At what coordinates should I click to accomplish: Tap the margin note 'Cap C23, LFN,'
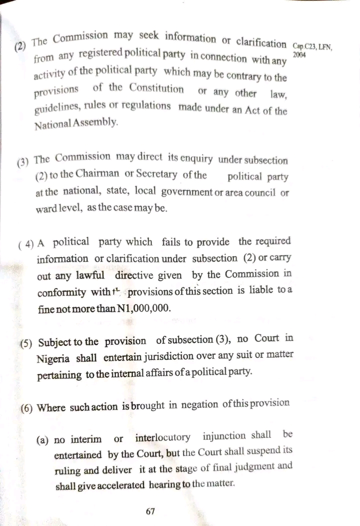[313, 46]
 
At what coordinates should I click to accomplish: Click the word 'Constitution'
[156, 88]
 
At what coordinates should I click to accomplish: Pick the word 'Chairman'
[98, 175]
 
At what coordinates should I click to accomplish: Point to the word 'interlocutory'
[162, 438]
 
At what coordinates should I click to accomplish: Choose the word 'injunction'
[231, 436]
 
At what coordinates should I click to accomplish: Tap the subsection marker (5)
[26, 343]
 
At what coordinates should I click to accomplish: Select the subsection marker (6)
[26, 408]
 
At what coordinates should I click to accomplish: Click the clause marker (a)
[42, 440]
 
